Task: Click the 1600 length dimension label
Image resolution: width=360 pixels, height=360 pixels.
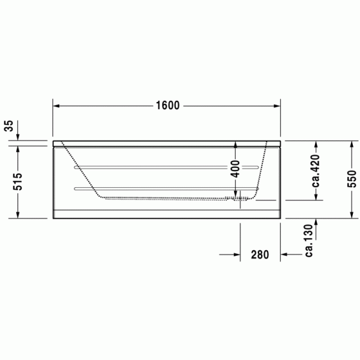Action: [167, 106]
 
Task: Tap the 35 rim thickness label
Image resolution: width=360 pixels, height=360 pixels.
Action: [9, 126]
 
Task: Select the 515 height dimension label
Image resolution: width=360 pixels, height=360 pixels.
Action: [17, 182]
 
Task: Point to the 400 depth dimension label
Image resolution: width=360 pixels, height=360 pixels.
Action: [235, 169]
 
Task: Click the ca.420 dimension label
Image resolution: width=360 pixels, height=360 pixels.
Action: [316, 170]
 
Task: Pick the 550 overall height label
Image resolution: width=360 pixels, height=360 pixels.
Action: [352, 179]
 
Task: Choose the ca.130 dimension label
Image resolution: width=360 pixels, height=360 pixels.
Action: [309, 241]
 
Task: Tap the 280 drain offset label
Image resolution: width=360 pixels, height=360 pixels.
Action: [260, 254]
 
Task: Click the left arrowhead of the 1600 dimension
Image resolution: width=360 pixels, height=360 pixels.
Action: [56, 106]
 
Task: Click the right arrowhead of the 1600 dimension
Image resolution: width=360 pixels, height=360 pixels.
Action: [277, 106]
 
